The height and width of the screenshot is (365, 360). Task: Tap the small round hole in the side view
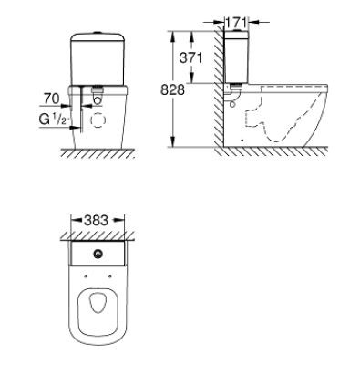click(234, 103)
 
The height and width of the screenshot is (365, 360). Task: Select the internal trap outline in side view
click(273, 119)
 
